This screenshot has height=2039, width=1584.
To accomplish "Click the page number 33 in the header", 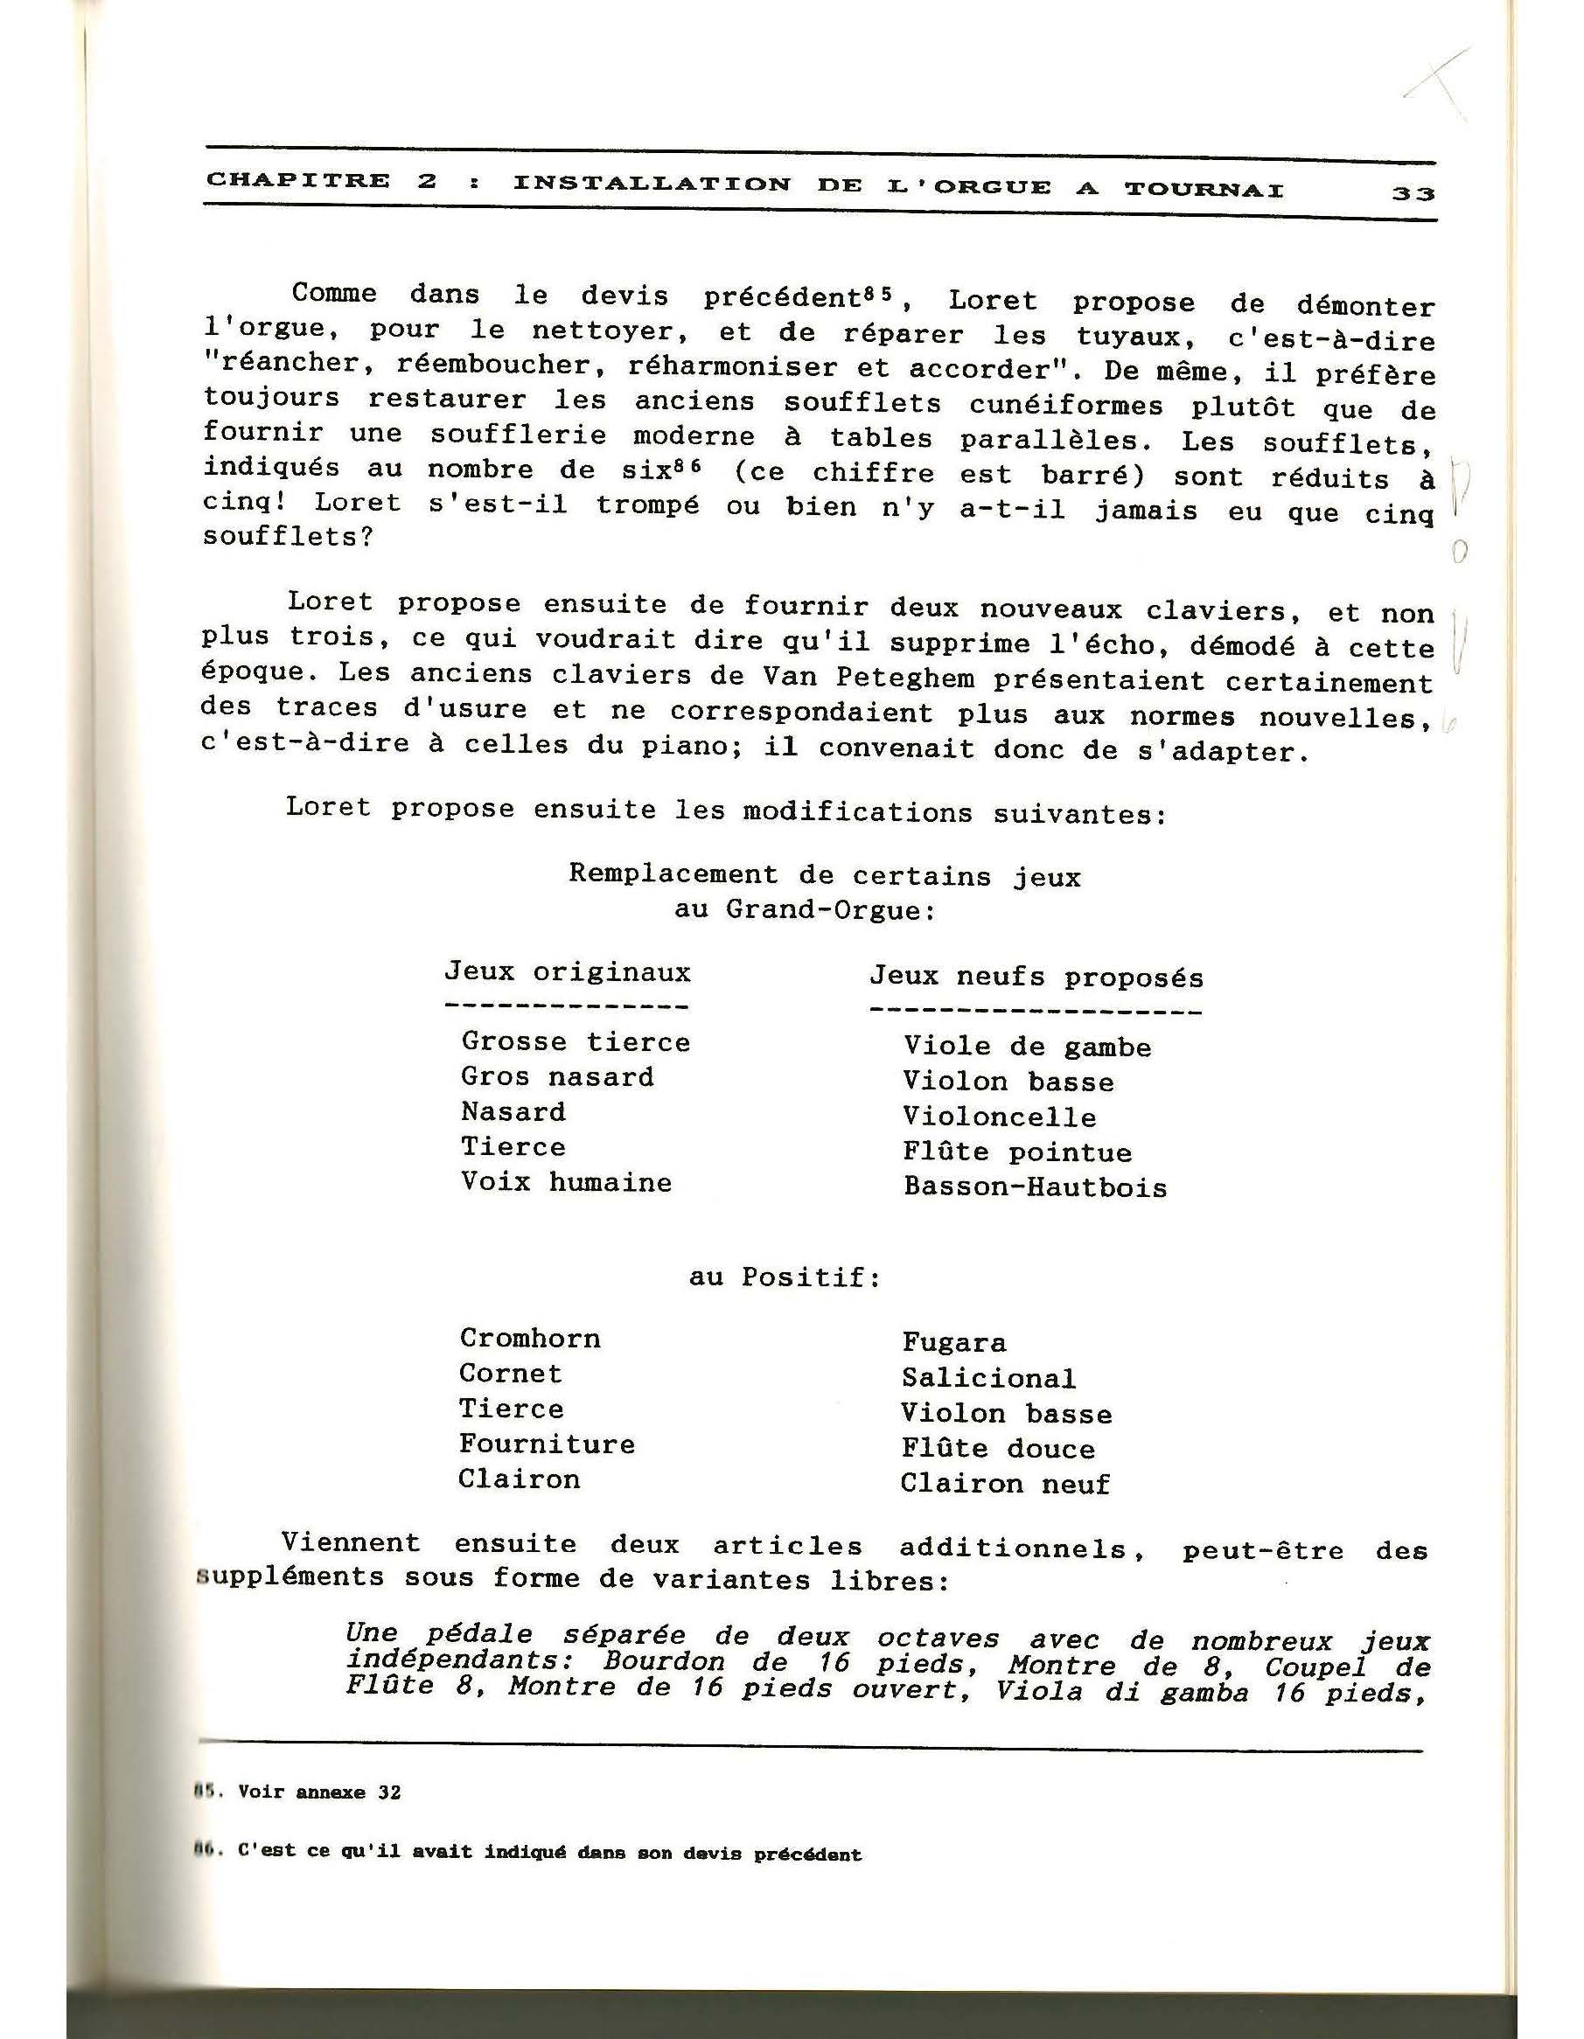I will click(1413, 193).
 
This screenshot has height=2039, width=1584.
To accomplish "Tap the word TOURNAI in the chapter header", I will click(1204, 190).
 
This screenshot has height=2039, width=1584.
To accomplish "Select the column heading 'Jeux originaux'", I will click(567, 973).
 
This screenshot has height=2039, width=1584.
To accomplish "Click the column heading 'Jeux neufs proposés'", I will click(1036, 978).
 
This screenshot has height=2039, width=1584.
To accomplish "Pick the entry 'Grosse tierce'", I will click(576, 1042).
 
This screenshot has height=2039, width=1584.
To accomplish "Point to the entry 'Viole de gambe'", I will click(1027, 1047).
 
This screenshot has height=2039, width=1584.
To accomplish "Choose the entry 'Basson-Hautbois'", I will click(1035, 1187).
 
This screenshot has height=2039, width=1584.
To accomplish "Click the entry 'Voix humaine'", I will click(566, 1183).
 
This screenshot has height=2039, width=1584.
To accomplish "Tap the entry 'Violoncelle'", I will click(1000, 1117).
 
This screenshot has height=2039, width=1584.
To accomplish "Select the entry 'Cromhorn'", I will click(529, 1339).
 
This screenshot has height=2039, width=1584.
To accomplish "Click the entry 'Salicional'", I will click(988, 1379).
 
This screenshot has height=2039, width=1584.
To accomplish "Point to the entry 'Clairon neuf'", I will click(1005, 1485).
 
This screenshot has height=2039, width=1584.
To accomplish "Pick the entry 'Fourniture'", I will click(547, 1444).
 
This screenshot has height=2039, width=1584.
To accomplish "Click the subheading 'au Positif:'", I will click(785, 1277).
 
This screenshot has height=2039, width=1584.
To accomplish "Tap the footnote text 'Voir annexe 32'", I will click(319, 1792).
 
